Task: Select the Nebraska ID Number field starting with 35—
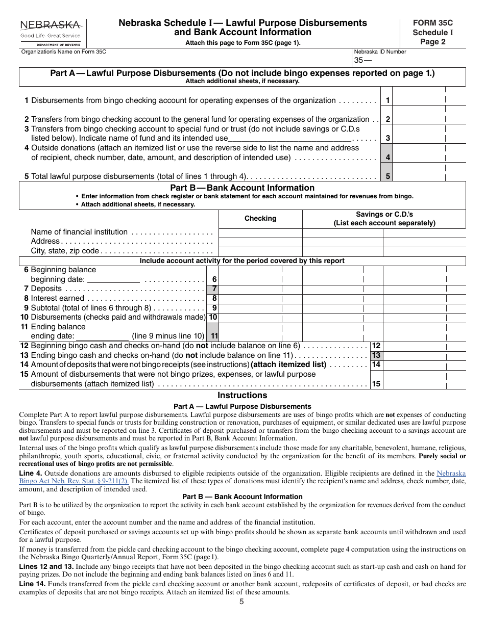(409, 61)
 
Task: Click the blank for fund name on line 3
(289, 138)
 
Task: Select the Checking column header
(260, 218)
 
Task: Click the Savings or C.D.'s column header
(384, 218)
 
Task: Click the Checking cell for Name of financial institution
(260, 232)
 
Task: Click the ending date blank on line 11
(102, 336)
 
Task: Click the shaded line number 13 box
(376, 355)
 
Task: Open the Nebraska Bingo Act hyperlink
(449, 474)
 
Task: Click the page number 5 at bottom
(241, 602)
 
